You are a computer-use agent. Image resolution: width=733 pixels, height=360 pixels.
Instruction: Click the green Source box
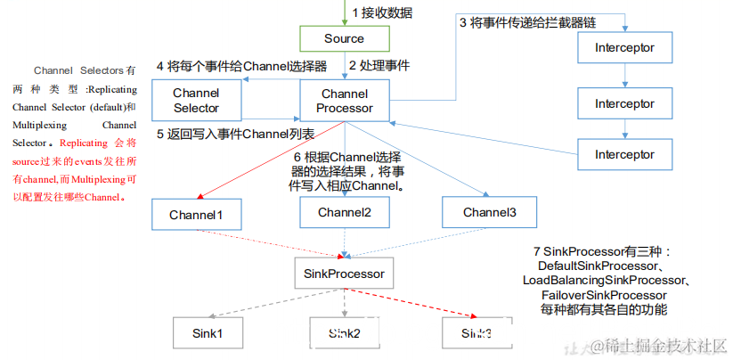click(x=344, y=38)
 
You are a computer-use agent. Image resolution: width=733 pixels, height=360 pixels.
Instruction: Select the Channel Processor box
click(x=344, y=101)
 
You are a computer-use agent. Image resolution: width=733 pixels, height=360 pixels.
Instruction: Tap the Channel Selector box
click(x=196, y=101)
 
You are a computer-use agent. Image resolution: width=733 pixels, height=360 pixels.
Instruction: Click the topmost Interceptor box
click(x=624, y=46)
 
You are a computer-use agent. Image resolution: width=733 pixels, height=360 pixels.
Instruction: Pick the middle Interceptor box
click(x=624, y=103)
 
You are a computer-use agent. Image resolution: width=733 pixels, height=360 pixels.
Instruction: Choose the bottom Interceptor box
click(x=624, y=154)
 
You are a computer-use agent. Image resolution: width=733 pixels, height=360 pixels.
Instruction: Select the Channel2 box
click(x=344, y=213)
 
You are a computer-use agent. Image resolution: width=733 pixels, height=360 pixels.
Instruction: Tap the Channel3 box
click(x=488, y=213)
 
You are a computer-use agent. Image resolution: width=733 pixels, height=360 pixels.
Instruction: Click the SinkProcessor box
click(x=345, y=274)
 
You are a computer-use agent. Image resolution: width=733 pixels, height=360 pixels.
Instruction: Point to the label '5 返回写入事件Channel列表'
click(x=236, y=135)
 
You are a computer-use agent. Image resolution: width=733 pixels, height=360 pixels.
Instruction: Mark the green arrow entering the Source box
click(x=344, y=13)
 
